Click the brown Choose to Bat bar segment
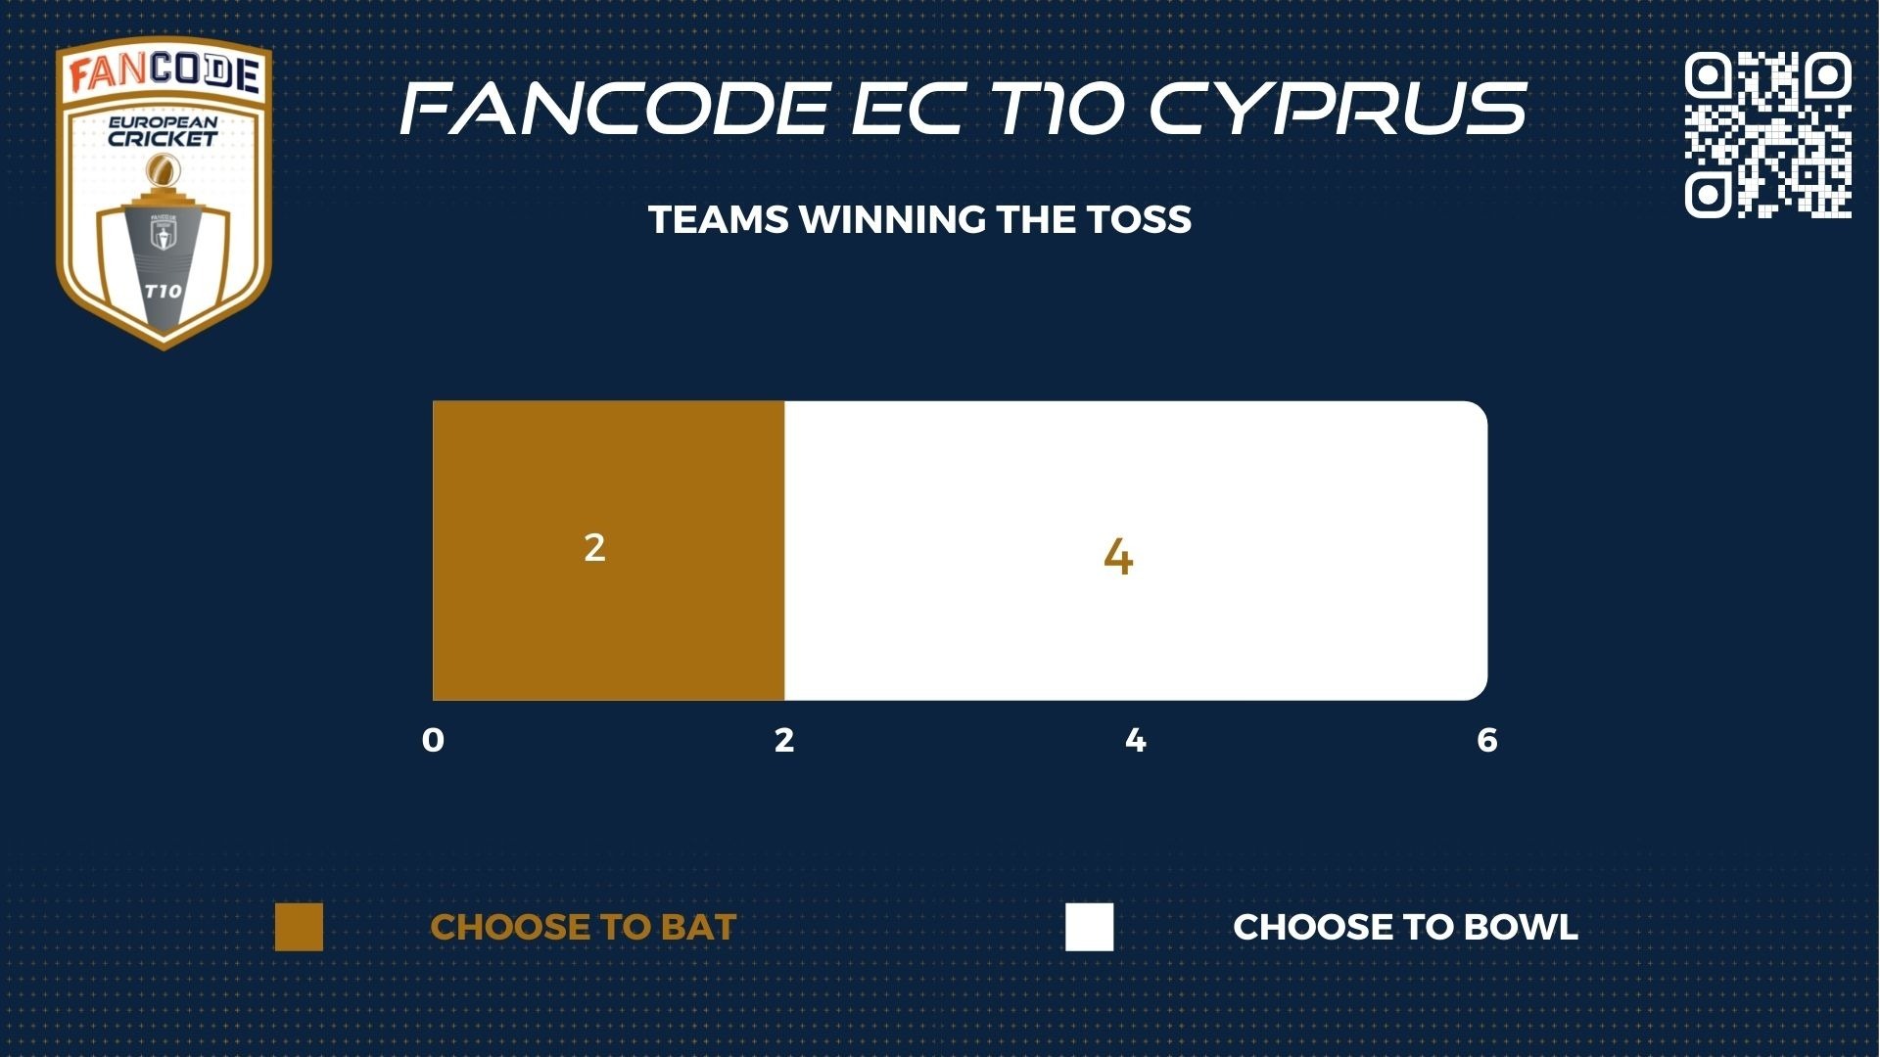pyautogui.click(x=608, y=550)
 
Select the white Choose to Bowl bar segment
pyautogui.click(x=1136, y=550)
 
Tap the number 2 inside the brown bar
pyautogui.click(x=594, y=547)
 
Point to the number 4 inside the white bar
pyautogui.click(x=1118, y=558)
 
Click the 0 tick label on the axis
pyautogui.click(x=433, y=741)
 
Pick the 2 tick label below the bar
pyautogui.click(x=784, y=741)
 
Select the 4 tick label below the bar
pyautogui.click(x=1136, y=741)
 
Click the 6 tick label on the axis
pyautogui.click(x=1487, y=741)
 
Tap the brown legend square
pyautogui.click(x=299, y=927)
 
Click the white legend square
pyautogui.click(x=1090, y=927)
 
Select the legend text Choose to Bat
pyautogui.click(x=584, y=928)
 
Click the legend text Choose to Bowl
pyautogui.click(x=1406, y=928)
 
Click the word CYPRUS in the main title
pyautogui.click(x=1338, y=108)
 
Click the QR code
pyautogui.click(x=1768, y=134)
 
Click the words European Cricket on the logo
pyautogui.click(x=163, y=132)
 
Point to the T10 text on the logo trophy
pyautogui.click(x=163, y=291)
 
